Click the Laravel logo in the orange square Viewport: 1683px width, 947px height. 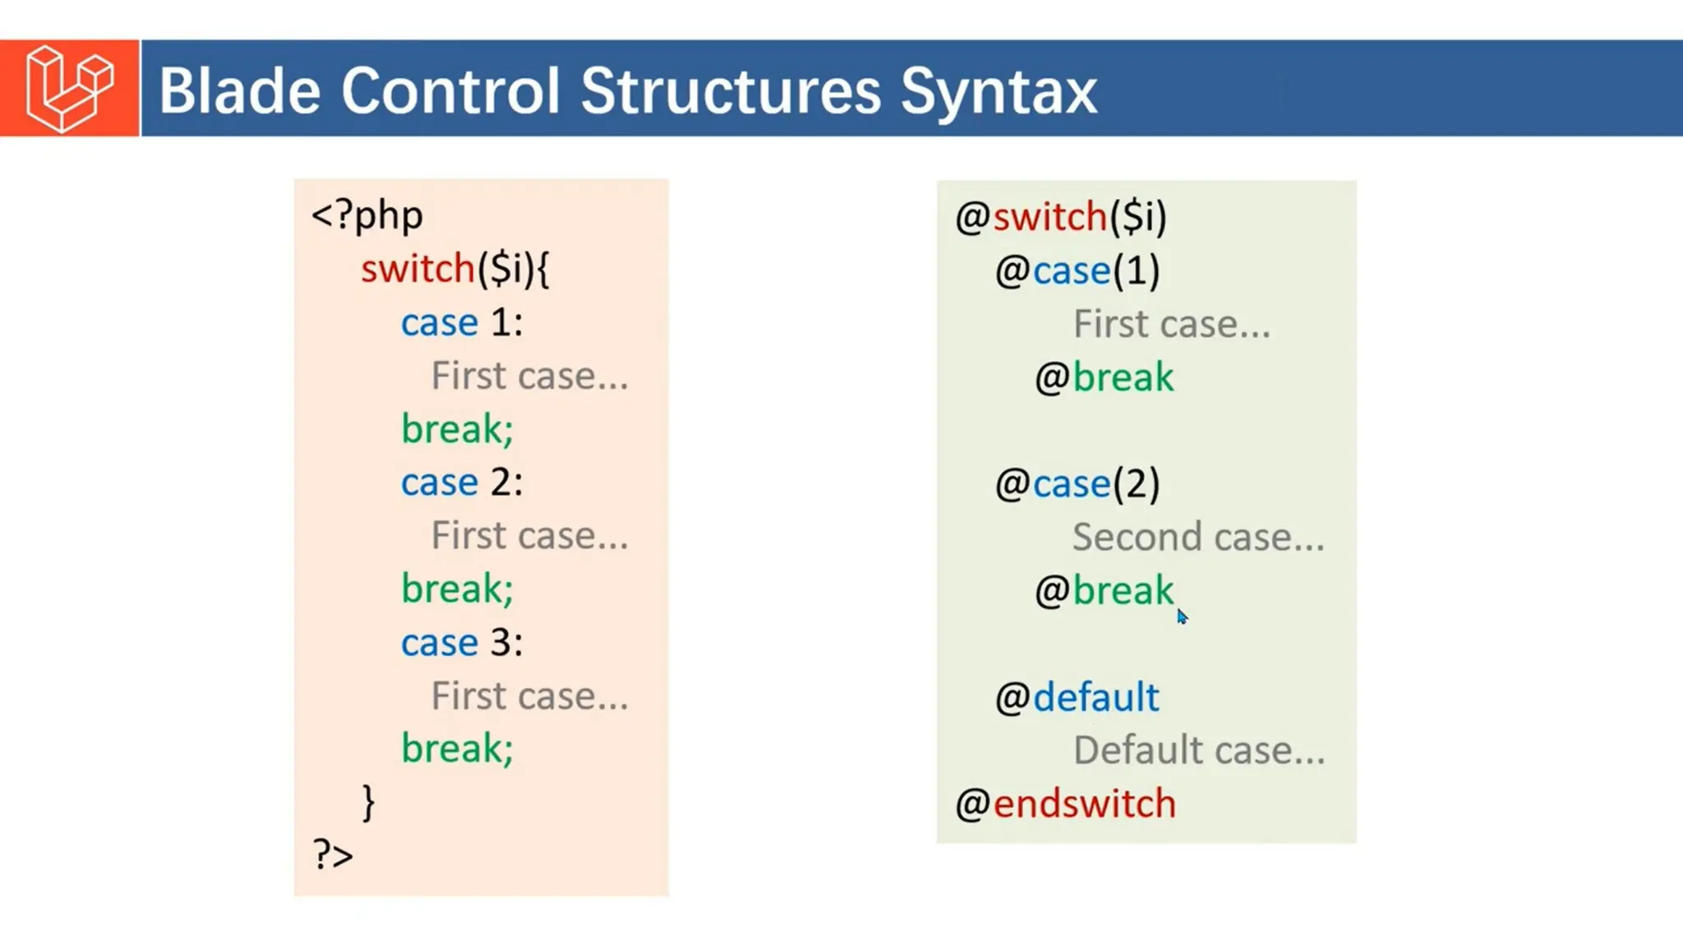(x=69, y=88)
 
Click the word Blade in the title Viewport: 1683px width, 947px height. (x=239, y=90)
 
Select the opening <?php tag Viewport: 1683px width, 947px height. (x=367, y=215)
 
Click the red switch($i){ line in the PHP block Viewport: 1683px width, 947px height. (x=454, y=269)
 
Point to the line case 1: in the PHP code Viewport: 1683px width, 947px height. (x=461, y=322)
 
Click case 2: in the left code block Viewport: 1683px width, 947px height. (x=461, y=483)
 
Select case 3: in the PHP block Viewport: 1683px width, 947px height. (x=461, y=643)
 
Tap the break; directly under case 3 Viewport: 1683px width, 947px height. (x=457, y=749)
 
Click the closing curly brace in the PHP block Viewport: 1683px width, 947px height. (x=368, y=802)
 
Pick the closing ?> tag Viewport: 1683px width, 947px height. (x=333, y=855)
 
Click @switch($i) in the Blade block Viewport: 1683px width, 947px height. (x=1060, y=217)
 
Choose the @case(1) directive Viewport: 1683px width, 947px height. (x=1077, y=270)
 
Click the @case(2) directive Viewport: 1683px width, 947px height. (x=1077, y=484)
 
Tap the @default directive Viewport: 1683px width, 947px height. (x=1077, y=698)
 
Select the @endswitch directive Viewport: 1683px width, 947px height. (x=1065, y=804)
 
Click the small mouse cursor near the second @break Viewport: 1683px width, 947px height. (x=1182, y=617)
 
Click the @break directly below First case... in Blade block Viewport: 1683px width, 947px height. (x=1104, y=377)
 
